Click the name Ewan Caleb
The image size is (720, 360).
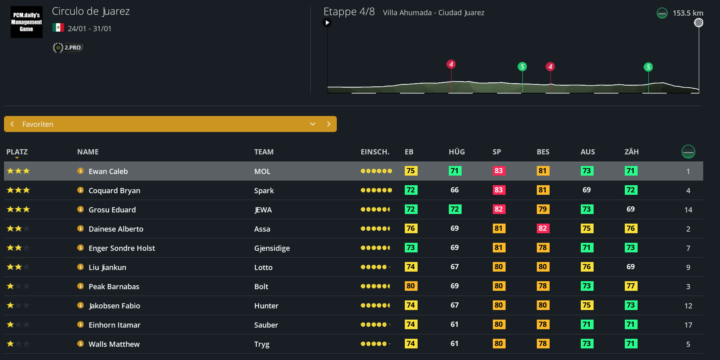point(108,171)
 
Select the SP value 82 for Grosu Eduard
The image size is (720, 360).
point(498,209)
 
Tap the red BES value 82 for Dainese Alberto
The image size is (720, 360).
point(542,228)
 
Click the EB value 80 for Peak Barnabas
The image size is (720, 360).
point(411,286)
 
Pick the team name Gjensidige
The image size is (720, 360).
point(272,248)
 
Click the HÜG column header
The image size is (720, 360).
point(456,152)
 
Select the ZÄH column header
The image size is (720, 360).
point(631,152)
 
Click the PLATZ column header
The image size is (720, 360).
point(17,152)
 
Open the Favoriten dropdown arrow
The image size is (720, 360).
point(313,124)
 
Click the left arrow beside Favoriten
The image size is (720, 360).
point(12,124)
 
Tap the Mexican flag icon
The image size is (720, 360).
point(58,28)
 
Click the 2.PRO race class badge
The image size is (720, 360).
point(68,48)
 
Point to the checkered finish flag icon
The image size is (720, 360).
point(698,23)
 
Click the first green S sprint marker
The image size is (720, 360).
point(522,66)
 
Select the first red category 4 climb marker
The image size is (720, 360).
point(451,64)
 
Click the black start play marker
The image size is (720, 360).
point(327,23)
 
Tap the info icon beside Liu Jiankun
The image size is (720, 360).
point(80,267)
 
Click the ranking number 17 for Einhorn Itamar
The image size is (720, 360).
point(688,325)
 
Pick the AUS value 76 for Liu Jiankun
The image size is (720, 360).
point(586,267)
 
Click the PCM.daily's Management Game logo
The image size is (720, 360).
point(26,22)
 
